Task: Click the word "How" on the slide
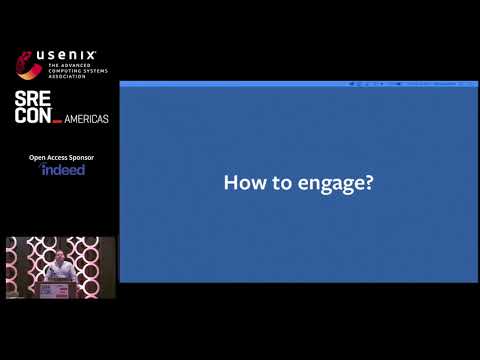(241, 184)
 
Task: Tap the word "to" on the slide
(273, 184)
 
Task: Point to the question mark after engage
(368, 184)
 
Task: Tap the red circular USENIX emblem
(27, 65)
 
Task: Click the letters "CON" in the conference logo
(32, 119)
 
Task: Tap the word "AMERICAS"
(87, 119)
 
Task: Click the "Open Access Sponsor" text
(62, 156)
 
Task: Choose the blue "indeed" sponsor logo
(63, 170)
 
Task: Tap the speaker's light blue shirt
(61, 272)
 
